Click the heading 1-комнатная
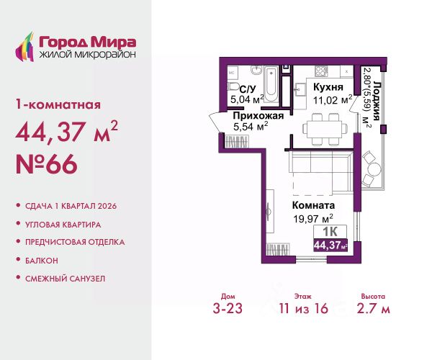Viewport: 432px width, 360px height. click(x=58, y=104)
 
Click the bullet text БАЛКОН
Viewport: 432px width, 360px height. click(x=43, y=259)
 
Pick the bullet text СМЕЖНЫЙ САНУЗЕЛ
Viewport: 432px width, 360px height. click(x=65, y=277)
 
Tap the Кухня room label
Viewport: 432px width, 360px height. click(x=327, y=86)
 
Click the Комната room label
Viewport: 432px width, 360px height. click(x=317, y=204)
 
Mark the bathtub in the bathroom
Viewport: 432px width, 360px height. click(x=270, y=74)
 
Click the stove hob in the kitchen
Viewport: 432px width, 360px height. click(x=321, y=71)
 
